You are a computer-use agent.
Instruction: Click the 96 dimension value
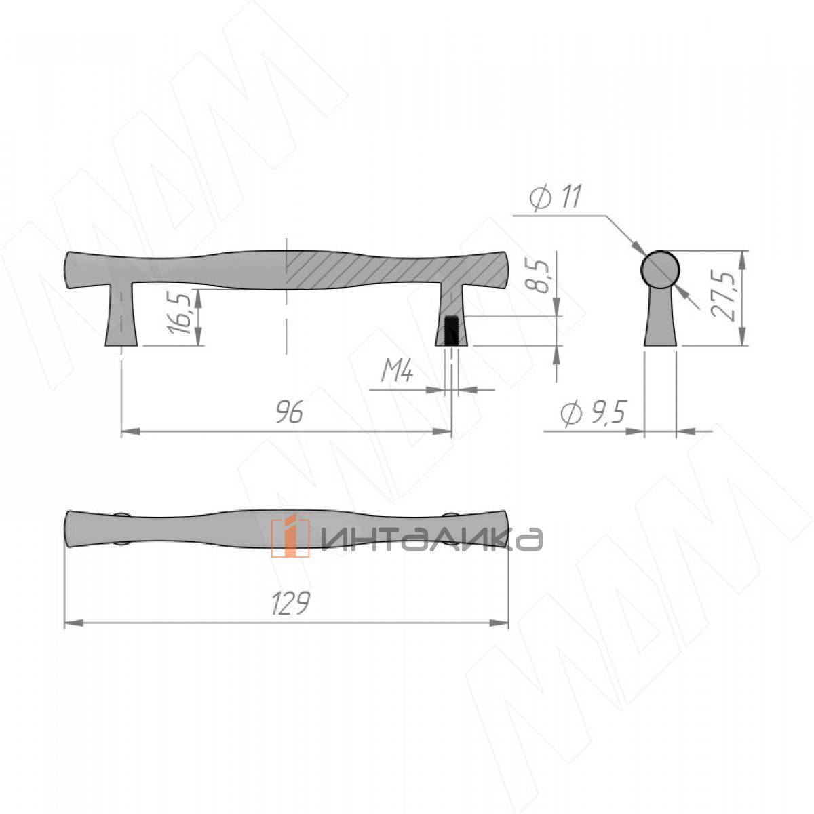tap(290, 412)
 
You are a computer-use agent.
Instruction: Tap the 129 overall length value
tap(291, 603)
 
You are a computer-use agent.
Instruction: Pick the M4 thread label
tap(397, 372)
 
